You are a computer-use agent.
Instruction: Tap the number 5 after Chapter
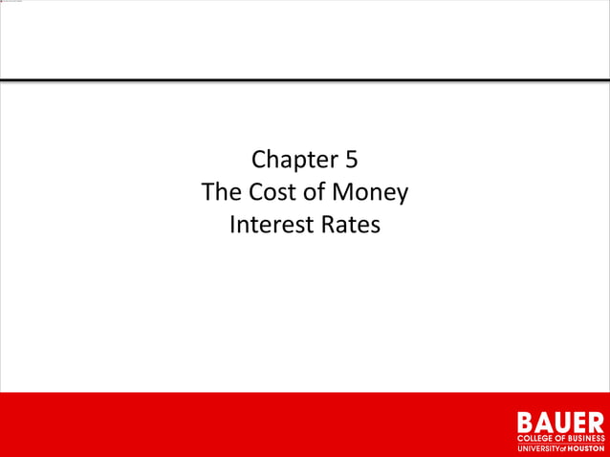tap(352, 160)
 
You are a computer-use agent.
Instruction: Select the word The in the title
tap(221, 193)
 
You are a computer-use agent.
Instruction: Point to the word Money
tap(372, 193)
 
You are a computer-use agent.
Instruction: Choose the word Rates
tap(350, 227)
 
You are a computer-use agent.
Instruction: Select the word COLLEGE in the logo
tap(538, 438)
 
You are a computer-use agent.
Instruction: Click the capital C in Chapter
tap(257, 160)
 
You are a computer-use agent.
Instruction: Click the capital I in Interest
tap(233, 227)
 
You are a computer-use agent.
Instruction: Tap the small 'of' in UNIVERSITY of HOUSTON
tap(565, 447)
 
